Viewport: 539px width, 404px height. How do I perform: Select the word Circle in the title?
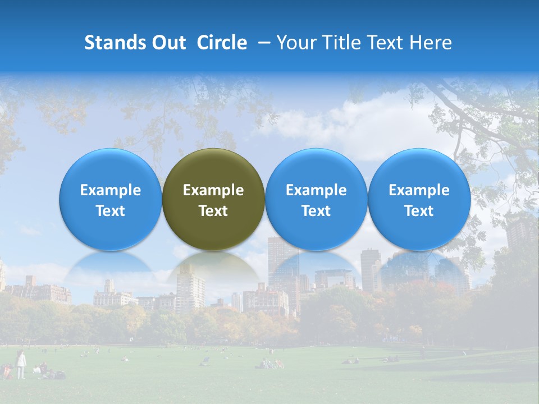[x=222, y=43]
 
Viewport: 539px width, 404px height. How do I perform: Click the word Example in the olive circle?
[x=213, y=190]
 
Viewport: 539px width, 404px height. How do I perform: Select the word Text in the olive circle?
[x=213, y=211]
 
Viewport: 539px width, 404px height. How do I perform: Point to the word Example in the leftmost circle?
[x=110, y=190]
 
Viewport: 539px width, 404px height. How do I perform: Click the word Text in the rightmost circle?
[x=419, y=211]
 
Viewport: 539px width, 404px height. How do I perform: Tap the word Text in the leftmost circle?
[x=110, y=211]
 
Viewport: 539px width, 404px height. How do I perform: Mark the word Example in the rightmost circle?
[x=419, y=190]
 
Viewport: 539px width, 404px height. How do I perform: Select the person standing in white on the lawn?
[x=21, y=364]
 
